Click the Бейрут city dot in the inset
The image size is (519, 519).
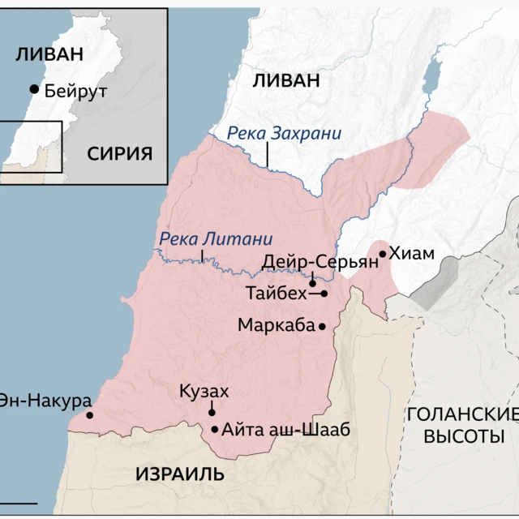34,88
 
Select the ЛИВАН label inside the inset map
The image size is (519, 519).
50,54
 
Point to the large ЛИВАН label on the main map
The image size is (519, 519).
286,79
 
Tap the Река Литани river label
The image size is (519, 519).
216,239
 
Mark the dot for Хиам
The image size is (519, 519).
382,254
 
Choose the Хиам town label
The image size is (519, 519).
412,254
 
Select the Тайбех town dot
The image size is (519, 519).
324,294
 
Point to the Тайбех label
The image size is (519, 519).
277,293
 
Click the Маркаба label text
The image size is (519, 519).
276,325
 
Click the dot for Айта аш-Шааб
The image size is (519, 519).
214,430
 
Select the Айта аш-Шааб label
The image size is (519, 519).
285,430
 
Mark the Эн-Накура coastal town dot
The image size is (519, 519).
89,415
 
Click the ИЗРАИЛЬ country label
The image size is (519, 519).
180,474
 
